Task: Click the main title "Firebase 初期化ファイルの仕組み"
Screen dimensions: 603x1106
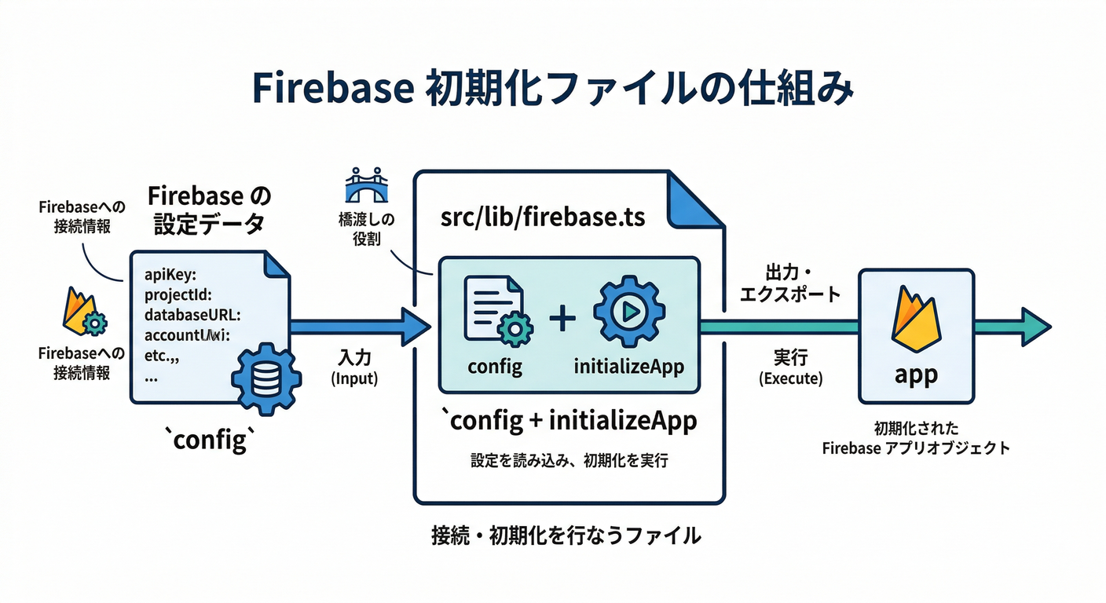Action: coord(552,90)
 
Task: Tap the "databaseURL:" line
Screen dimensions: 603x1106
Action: coord(192,315)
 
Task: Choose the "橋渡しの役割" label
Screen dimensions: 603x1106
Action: coord(362,229)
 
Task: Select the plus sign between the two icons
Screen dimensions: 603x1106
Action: coord(562,318)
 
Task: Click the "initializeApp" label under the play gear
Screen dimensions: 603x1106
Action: coord(628,366)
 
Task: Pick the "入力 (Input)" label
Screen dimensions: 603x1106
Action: coord(354,367)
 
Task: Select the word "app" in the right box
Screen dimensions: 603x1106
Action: coord(916,375)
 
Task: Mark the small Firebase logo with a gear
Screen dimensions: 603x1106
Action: coord(83,312)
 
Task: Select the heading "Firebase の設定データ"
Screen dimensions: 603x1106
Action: coord(208,209)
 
